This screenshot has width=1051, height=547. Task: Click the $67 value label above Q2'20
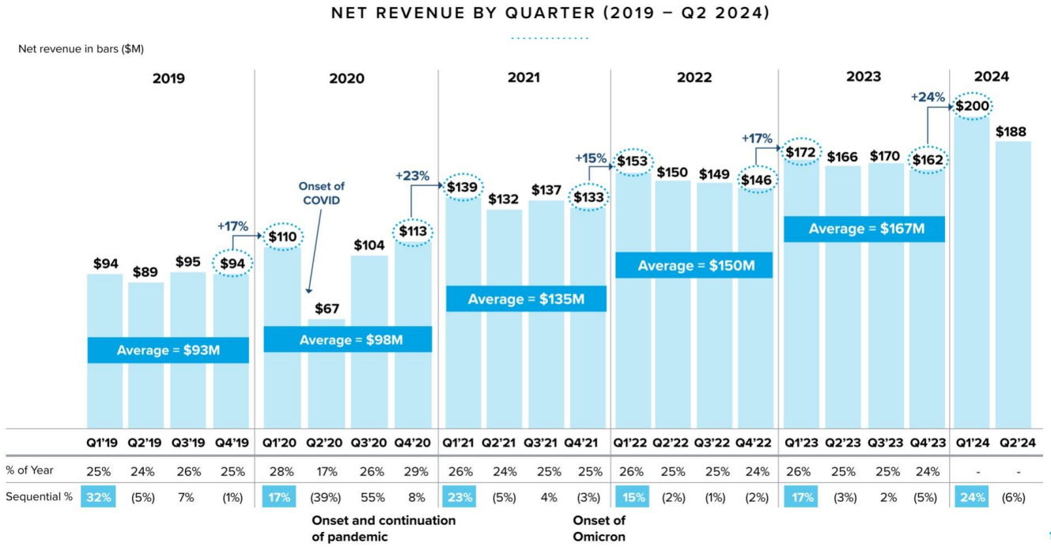[327, 308]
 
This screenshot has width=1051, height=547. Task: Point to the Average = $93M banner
[168, 350]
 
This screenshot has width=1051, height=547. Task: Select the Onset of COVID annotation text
[321, 193]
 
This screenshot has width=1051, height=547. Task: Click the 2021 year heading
[524, 78]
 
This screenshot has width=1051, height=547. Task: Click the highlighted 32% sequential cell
[98, 497]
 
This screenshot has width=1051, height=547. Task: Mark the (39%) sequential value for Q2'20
[327, 497]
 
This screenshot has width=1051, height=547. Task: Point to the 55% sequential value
[369, 497]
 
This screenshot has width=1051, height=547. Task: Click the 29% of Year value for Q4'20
[413, 471]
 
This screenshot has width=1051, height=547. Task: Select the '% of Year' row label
[29, 471]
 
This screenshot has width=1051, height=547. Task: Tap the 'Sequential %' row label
[39, 497]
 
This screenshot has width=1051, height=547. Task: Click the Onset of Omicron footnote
[599, 528]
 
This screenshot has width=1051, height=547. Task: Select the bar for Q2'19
[146, 356]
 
